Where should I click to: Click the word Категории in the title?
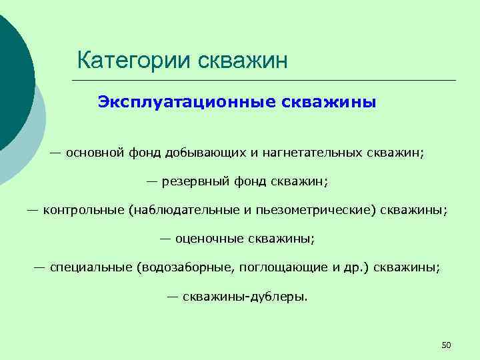coord(134,61)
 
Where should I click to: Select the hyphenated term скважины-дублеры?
coord(245,297)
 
